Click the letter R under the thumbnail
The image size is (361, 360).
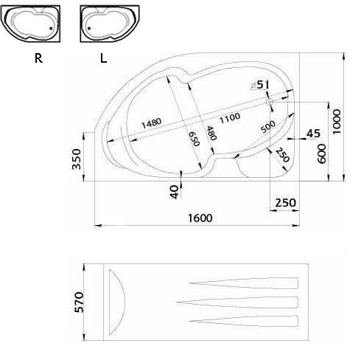[38, 58]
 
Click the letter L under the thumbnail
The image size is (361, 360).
[103, 58]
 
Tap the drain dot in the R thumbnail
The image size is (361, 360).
[51, 28]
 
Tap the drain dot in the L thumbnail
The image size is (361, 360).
[89, 28]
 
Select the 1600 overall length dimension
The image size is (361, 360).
[200, 218]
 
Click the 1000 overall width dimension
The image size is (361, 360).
[337, 122]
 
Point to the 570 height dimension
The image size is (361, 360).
[79, 302]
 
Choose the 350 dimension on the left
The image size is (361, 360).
[77, 159]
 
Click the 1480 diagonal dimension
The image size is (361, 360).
[152, 123]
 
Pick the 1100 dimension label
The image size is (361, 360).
[230, 118]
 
